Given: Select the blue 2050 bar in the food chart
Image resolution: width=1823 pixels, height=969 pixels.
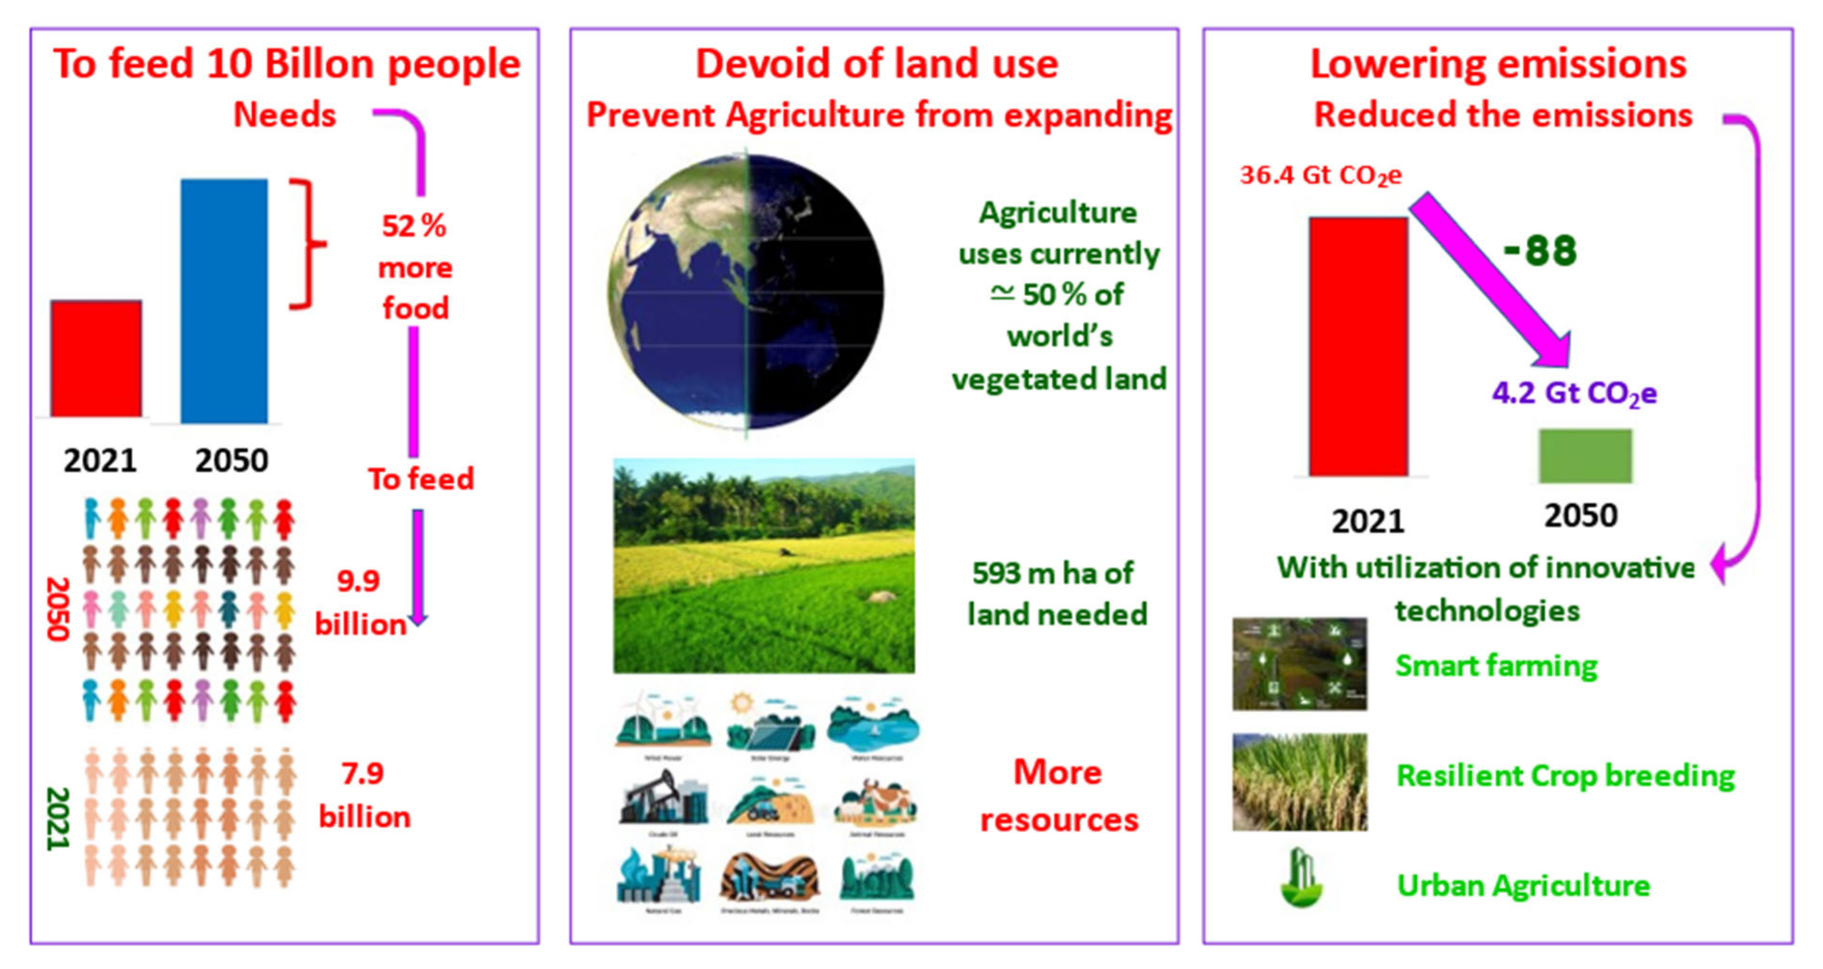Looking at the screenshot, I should tap(224, 301).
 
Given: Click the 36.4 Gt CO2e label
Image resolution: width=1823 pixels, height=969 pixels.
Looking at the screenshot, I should tap(1320, 175).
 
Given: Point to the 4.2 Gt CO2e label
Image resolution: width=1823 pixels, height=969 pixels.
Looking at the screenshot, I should tap(1574, 394).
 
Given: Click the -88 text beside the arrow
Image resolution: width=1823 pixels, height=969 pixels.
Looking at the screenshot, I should tap(1540, 250).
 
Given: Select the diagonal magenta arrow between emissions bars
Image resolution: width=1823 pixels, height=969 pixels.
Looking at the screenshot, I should tap(1490, 279).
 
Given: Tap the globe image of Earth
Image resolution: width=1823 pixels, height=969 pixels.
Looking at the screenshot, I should tap(745, 292).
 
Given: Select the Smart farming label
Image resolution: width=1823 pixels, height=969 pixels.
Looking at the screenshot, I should tap(1495, 665).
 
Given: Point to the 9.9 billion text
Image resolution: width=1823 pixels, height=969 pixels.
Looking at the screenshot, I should tap(359, 603).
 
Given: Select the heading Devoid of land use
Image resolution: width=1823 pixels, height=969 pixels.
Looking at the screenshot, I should tap(876, 64).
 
